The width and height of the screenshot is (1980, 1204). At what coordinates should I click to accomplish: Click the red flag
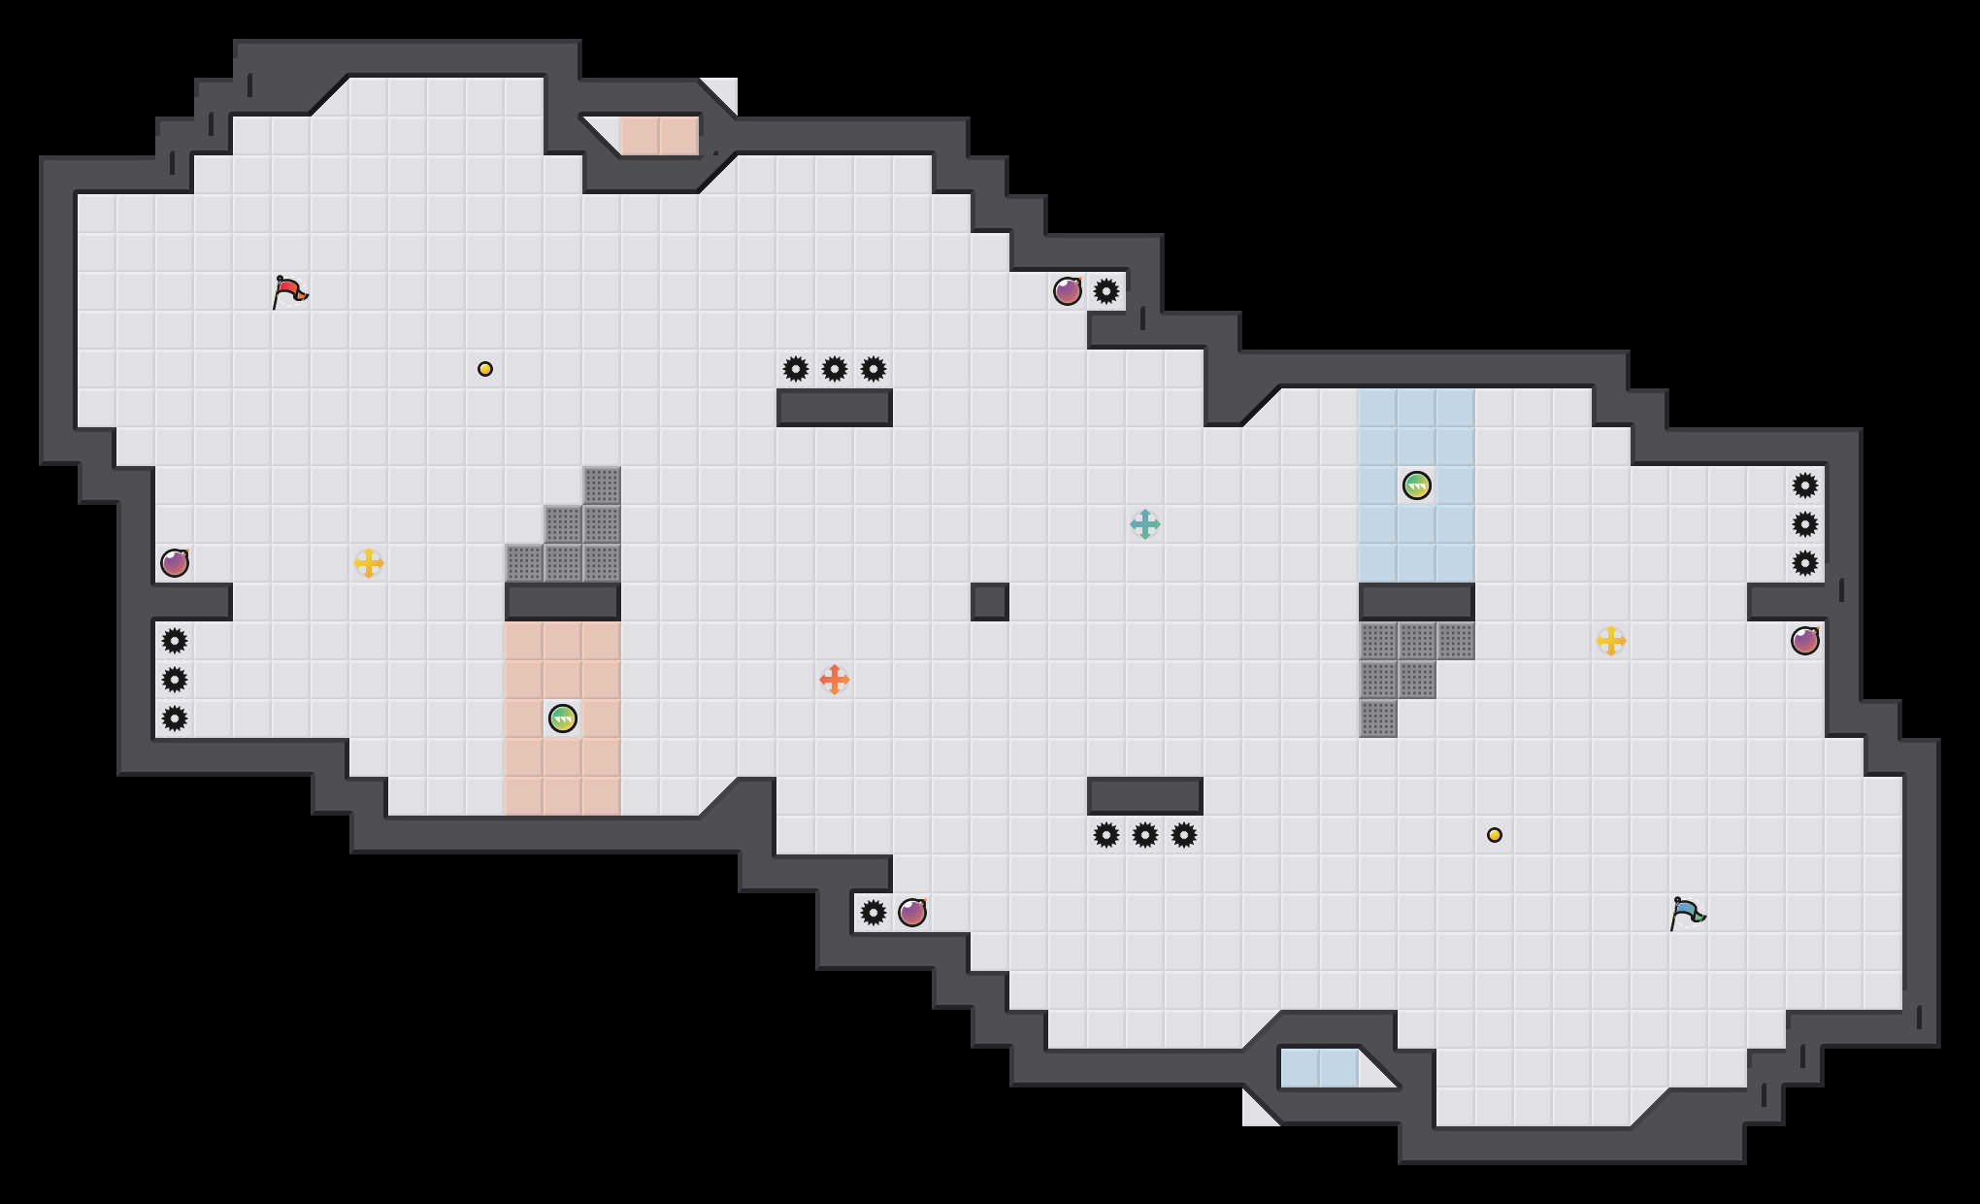[x=289, y=291]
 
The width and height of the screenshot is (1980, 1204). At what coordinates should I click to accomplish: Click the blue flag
[x=1687, y=913]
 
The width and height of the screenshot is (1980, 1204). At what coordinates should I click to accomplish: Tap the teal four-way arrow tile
[x=1145, y=524]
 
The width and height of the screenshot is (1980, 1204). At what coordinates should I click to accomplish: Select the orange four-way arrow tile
[x=835, y=680]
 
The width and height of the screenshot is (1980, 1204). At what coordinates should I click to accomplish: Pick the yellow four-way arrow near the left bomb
[x=369, y=563]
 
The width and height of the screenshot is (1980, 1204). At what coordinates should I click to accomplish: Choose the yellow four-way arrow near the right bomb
[x=1611, y=641]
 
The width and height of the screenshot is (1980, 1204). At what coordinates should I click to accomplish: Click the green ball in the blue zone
[x=1417, y=485]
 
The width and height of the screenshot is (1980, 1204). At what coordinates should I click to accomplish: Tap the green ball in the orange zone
[x=563, y=719]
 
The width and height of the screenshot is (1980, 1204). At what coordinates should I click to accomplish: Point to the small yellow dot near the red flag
[x=485, y=369]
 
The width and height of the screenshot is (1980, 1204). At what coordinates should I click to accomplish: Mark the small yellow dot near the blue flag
[x=1495, y=835]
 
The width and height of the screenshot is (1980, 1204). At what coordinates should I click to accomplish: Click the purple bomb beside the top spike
[x=1068, y=291]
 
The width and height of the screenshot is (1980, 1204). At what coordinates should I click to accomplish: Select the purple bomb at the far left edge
[x=175, y=563]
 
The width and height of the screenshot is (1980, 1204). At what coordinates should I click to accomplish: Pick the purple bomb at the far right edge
[x=1805, y=641]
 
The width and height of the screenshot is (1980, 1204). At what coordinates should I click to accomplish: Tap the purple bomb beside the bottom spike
[x=912, y=913]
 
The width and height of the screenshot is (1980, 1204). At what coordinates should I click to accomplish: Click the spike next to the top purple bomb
[x=1106, y=291]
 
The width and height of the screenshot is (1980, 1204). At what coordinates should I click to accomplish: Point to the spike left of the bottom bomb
[x=874, y=913]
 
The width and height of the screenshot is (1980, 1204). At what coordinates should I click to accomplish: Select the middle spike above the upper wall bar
[x=835, y=369]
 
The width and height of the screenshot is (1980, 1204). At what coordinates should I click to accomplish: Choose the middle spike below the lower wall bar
[x=1145, y=835]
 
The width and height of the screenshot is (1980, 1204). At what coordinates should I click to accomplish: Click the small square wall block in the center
[x=990, y=602]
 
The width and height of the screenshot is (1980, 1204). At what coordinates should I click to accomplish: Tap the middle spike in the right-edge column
[x=1805, y=524]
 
